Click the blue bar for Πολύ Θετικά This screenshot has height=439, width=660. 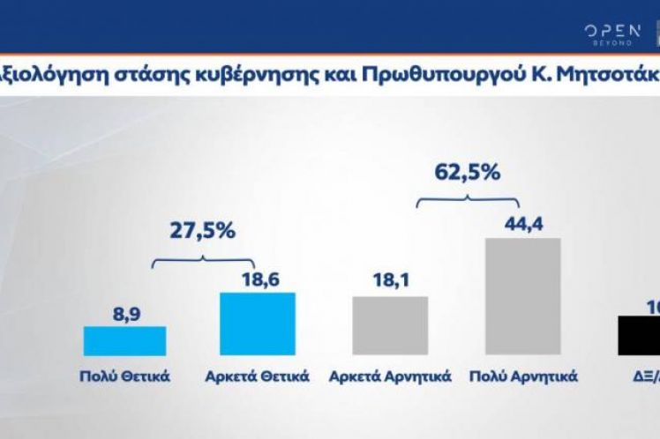124,341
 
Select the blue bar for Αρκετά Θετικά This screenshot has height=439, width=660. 257,324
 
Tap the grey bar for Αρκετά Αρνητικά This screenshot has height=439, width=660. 390,325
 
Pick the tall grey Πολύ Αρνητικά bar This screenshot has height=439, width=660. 522,296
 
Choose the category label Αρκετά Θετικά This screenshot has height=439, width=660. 257,376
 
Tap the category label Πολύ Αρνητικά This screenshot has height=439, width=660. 523,376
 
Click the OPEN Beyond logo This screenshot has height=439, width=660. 611,34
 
